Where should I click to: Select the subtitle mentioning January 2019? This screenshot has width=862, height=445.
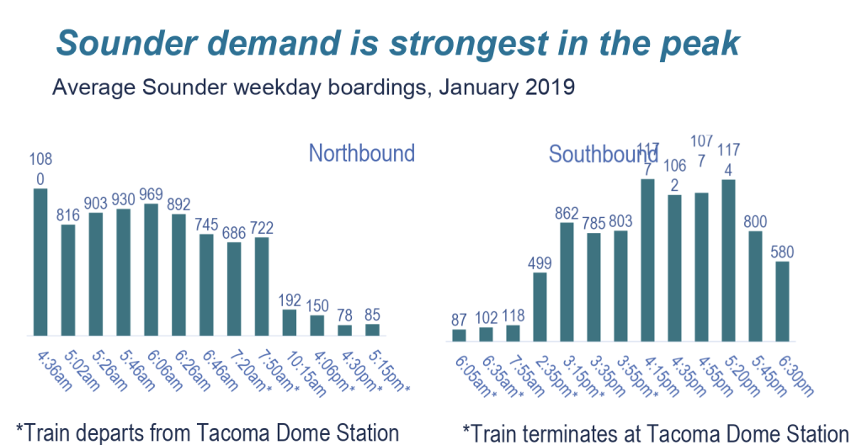pyautogui.click(x=313, y=87)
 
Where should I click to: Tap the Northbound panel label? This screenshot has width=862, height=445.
pyautogui.click(x=361, y=153)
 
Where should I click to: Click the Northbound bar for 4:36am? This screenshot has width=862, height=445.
pyautogui.click(x=40, y=262)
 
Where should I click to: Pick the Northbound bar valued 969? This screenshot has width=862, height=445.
pyautogui.click(x=151, y=269)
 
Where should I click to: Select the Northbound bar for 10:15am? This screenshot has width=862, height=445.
pyautogui.click(x=289, y=322)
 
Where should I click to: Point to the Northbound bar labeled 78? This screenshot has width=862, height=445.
pyautogui.click(x=344, y=330)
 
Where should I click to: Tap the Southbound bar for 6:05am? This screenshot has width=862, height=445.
pyautogui.click(x=459, y=335)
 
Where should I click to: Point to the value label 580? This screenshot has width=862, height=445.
pyautogui.click(x=782, y=252)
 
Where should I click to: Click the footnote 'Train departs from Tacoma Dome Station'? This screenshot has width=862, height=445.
pyautogui.click(x=207, y=432)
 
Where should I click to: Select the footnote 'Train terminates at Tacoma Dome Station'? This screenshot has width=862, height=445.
pyautogui.click(x=655, y=432)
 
